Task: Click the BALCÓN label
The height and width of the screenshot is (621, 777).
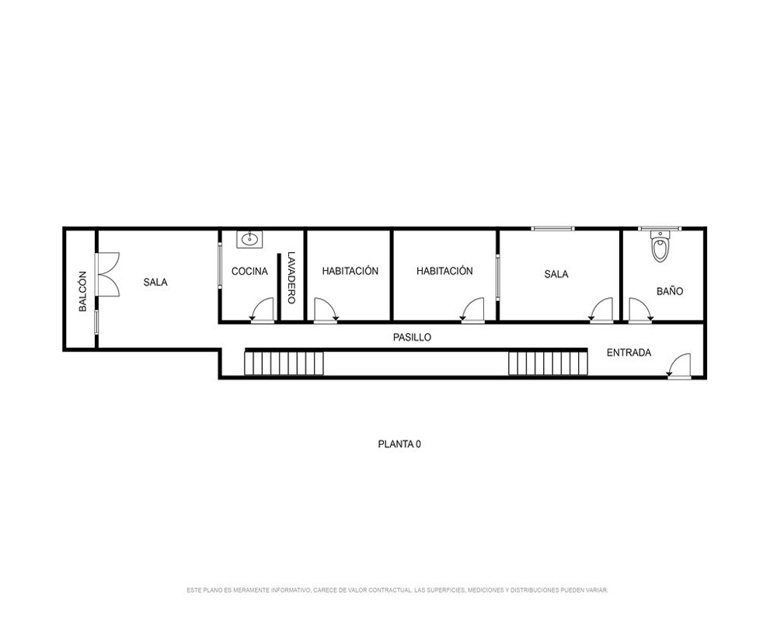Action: coord(83,291)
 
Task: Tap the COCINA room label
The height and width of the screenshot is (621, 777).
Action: coord(249,272)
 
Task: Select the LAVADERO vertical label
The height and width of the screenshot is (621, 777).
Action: coord(291,278)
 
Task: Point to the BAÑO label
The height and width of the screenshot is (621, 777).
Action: coord(670,291)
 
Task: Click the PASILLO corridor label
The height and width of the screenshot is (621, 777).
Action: coord(413,337)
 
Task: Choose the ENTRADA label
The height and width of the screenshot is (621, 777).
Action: coord(629,352)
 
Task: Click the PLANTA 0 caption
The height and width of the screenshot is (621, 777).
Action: coord(399,444)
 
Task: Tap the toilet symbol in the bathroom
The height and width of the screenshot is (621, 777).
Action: coord(660,246)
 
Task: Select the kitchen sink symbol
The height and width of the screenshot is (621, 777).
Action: coord(249,239)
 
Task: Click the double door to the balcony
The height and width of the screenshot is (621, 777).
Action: coord(107,274)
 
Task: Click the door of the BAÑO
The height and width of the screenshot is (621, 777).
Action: coord(641,310)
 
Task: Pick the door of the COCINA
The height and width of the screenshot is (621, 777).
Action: coord(262,310)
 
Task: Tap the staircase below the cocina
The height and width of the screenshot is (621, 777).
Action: coord(284,363)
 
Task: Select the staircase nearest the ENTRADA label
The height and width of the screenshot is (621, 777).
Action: coord(548,363)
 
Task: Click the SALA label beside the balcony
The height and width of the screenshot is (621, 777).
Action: coord(155,283)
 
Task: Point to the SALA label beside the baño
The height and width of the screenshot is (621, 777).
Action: coord(556,274)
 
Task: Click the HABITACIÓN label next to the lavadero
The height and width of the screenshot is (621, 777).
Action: coord(350,271)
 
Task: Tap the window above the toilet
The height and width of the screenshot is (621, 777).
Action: coord(660,229)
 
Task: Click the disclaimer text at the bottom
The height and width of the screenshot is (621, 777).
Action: coord(397,590)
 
